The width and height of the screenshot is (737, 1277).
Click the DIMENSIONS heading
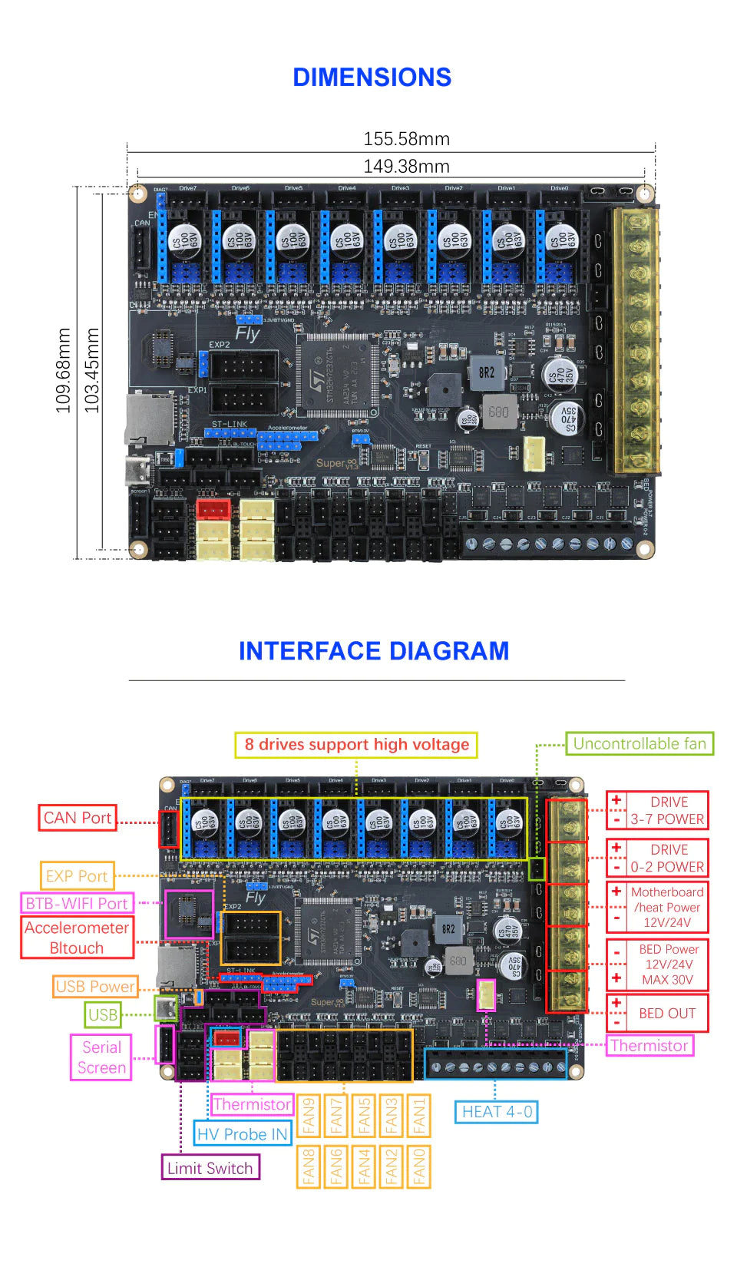click(x=372, y=78)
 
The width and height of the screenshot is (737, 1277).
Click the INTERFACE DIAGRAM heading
click(x=373, y=651)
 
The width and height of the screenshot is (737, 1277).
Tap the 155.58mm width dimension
click(x=406, y=139)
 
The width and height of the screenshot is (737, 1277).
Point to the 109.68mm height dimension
click(x=63, y=371)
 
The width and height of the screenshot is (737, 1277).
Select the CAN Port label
click(x=78, y=818)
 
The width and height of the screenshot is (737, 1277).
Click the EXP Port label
click(x=77, y=876)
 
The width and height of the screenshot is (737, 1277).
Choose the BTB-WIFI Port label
click(x=77, y=903)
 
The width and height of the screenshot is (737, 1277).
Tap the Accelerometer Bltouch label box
click(x=77, y=938)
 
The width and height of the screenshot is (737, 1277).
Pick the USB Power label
click(x=95, y=987)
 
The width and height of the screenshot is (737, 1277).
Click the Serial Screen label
click(x=101, y=1057)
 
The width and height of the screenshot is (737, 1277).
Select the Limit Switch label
click(x=210, y=1168)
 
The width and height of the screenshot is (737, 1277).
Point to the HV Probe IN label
click(x=242, y=1134)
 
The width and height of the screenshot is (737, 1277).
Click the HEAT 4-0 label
click(x=497, y=1112)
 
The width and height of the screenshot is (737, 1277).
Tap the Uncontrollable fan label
click(x=640, y=743)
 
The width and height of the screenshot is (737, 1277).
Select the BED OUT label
click(x=666, y=1014)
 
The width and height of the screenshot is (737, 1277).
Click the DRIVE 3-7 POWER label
click(x=666, y=811)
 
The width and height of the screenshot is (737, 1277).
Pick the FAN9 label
click(x=309, y=1116)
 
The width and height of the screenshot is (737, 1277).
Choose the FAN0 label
click(x=419, y=1166)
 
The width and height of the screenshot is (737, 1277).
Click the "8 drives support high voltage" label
click(x=356, y=744)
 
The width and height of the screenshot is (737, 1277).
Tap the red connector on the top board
click(x=213, y=508)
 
